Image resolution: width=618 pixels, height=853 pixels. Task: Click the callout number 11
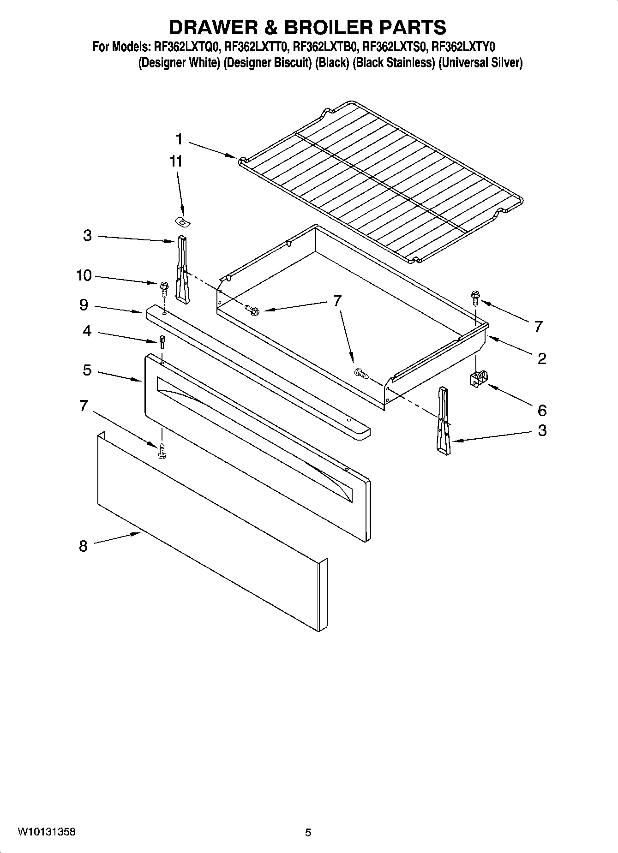pos(176,161)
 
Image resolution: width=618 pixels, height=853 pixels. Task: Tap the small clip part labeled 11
pos(184,222)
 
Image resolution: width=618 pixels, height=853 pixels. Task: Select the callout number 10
pos(84,275)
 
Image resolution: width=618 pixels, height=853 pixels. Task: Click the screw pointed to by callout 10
pos(163,288)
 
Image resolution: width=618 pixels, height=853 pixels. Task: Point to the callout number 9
pos(84,305)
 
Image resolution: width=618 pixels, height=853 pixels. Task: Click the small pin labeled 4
pos(162,342)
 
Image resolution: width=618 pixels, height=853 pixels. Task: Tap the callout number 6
pos(542,410)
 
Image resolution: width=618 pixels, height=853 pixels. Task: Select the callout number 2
pos(542,358)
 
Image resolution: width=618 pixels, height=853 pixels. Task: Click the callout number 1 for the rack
pos(179,139)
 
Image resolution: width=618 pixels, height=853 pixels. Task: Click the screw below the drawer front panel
pos(162,450)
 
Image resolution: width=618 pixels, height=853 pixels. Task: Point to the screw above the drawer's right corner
pos(475,296)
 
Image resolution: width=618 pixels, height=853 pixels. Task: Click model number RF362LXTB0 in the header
pos(327,47)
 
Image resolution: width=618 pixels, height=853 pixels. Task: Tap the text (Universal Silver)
pos(480,63)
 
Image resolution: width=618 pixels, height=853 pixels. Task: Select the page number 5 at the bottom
pos(308,832)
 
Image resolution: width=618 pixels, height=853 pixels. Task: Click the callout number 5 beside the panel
pos(87,370)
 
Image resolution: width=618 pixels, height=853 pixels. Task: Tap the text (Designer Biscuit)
pos(267,63)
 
